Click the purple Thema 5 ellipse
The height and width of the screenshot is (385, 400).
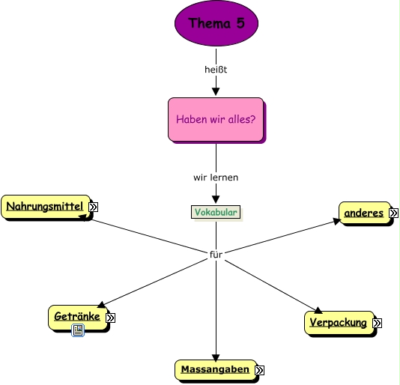pos(216,23)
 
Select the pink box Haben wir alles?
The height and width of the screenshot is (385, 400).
pos(216,119)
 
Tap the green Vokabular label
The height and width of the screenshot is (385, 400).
pos(216,212)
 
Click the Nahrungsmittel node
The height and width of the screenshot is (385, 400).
pos(45,206)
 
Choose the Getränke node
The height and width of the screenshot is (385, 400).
pos(77,317)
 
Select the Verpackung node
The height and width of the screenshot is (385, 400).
pos(338,323)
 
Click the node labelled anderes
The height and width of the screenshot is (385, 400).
pos(363,213)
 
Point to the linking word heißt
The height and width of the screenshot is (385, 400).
pos(216,70)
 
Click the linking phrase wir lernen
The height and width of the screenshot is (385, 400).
pos(216,178)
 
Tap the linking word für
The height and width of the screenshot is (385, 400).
pos(216,255)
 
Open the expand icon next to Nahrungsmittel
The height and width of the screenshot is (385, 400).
pos(94,207)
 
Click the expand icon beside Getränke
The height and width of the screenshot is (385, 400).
pos(110,318)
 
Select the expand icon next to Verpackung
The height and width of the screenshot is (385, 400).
pos(377,324)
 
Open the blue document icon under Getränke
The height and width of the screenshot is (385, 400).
pos(77,330)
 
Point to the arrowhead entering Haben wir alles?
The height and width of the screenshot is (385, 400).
pos(216,92)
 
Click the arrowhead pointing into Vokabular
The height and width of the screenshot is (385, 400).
pos(216,200)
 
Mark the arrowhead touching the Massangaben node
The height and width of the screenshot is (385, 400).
pos(216,357)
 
